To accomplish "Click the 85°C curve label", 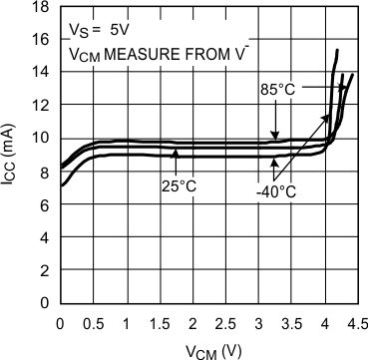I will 277,90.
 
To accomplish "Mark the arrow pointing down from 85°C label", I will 277,120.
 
